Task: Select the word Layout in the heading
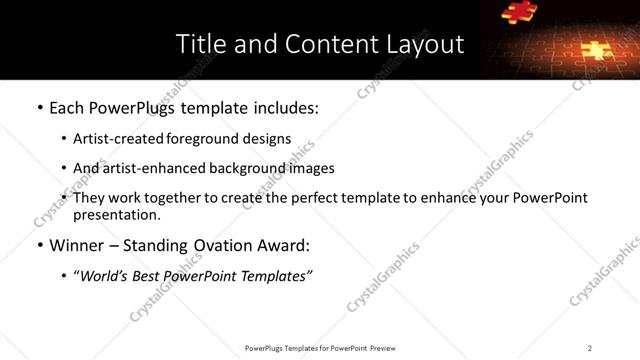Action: [425, 44]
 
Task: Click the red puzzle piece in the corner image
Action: [518, 12]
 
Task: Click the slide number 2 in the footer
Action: [590, 347]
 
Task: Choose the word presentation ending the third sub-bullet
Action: [115, 214]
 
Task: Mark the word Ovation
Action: [220, 245]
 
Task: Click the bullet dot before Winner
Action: [39, 245]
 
